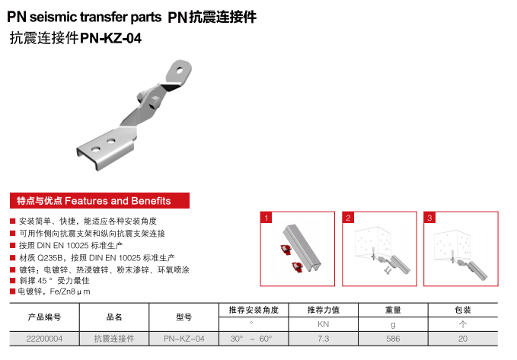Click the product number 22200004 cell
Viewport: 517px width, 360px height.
point(44,339)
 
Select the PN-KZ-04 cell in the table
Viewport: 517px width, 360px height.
point(184,339)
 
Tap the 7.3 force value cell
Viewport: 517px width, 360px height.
point(323,339)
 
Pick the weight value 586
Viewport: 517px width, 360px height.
point(393,339)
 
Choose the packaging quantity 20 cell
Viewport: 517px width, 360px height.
point(463,339)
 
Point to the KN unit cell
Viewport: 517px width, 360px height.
point(323,324)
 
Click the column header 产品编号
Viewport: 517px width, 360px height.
point(44,317)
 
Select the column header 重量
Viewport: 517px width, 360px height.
point(393,310)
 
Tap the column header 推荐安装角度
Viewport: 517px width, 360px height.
point(254,310)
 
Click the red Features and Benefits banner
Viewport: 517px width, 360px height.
point(100,200)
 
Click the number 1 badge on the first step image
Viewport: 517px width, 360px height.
point(266,218)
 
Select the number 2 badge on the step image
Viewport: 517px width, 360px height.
point(348,218)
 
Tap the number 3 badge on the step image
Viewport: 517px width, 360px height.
point(429,218)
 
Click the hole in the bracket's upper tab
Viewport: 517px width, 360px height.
point(180,70)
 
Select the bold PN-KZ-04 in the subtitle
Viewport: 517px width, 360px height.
point(111,38)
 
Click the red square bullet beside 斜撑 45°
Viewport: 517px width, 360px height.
point(13,281)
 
